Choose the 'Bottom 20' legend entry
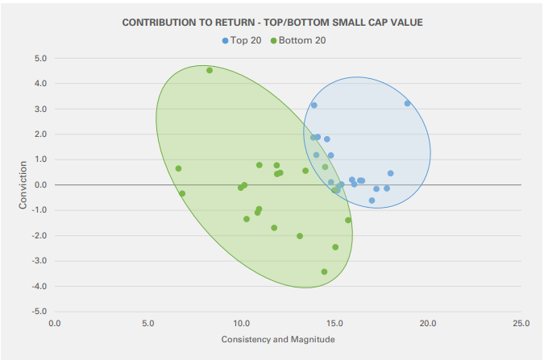click(301, 39)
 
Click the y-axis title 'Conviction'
click(23, 185)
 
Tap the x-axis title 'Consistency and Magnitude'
click(277, 339)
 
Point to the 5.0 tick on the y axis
click(40, 59)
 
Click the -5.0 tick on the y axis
click(39, 312)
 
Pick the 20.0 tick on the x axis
click(427, 324)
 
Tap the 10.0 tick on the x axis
click(241, 324)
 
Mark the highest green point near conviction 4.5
click(210, 70)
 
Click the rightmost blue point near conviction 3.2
click(407, 103)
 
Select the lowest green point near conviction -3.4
click(324, 271)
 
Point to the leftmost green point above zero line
click(178, 168)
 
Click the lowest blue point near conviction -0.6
click(372, 201)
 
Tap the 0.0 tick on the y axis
click(40, 185)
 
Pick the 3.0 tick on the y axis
click(40, 110)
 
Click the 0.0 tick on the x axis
click(55, 324)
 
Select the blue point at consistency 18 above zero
click(390, 173)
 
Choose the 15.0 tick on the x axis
click(334, 324)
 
